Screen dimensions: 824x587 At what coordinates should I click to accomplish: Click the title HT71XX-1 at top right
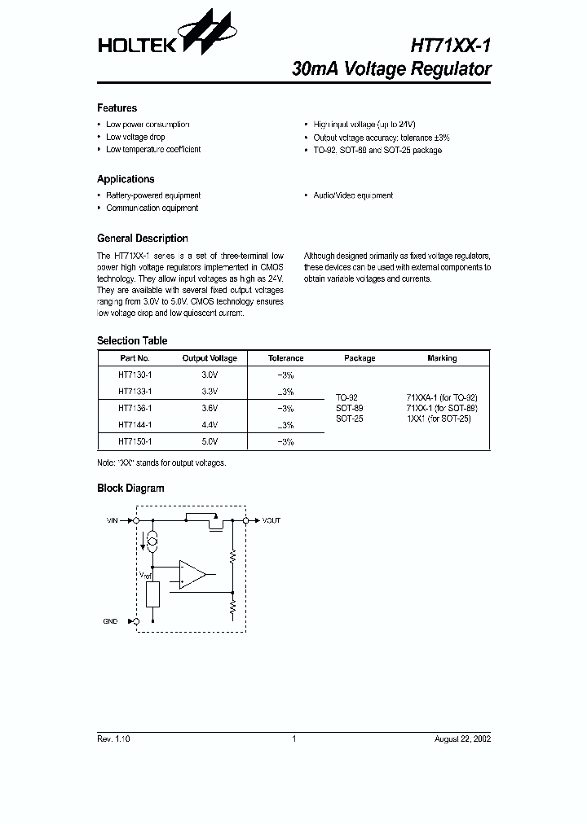coord(444,46)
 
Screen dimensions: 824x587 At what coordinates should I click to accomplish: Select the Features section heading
coord(117,108)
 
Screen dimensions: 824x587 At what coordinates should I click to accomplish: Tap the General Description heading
coord(142,239)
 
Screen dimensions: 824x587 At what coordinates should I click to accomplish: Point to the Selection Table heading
coord(132,341)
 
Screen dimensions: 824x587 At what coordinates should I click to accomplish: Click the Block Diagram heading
coord(130,489)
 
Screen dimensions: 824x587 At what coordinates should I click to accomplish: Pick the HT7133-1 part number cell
coord(135,392)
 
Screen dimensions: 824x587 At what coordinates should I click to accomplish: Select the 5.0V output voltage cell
coord(210,441)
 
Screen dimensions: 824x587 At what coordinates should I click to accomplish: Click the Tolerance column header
coord(285,358)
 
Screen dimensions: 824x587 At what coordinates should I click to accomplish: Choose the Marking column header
coord(442,358)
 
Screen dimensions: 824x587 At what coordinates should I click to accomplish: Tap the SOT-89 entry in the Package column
coord(350,408)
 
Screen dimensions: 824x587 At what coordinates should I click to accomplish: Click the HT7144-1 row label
coord(135,425)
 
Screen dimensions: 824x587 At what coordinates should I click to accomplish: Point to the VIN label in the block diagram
coord(113,520)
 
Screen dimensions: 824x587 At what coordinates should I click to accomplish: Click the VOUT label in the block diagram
coord(271,520)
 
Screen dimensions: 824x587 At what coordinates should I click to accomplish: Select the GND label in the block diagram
coord(110,621)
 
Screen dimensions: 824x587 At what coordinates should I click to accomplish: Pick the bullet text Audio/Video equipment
coord(353,195)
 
